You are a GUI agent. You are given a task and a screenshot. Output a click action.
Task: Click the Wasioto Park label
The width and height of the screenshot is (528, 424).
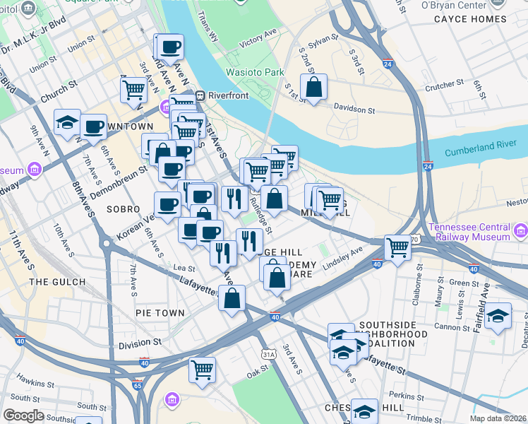[254, 72]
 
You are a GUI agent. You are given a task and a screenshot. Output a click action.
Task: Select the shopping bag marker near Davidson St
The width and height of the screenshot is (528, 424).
[314, 88]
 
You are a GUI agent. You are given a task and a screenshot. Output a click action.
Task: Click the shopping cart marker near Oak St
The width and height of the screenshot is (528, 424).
[202, 370]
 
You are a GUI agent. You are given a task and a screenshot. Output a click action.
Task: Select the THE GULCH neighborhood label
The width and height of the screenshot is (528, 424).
[57, 282]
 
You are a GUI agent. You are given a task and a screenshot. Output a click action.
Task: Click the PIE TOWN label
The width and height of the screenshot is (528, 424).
[160, 312]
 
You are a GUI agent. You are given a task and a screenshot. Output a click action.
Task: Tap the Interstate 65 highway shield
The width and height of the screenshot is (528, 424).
[138, 386]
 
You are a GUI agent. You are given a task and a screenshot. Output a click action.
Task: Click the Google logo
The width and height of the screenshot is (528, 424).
[23, 415]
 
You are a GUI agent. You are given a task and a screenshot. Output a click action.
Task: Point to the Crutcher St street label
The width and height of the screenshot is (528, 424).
[444, 84]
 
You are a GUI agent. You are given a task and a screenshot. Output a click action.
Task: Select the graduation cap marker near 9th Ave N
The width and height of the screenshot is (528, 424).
[67, 123]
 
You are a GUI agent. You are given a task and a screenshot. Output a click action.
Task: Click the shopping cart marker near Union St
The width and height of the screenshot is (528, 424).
[133, 90]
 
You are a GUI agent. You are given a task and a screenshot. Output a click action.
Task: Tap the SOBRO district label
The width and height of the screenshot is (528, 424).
[119, 210]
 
